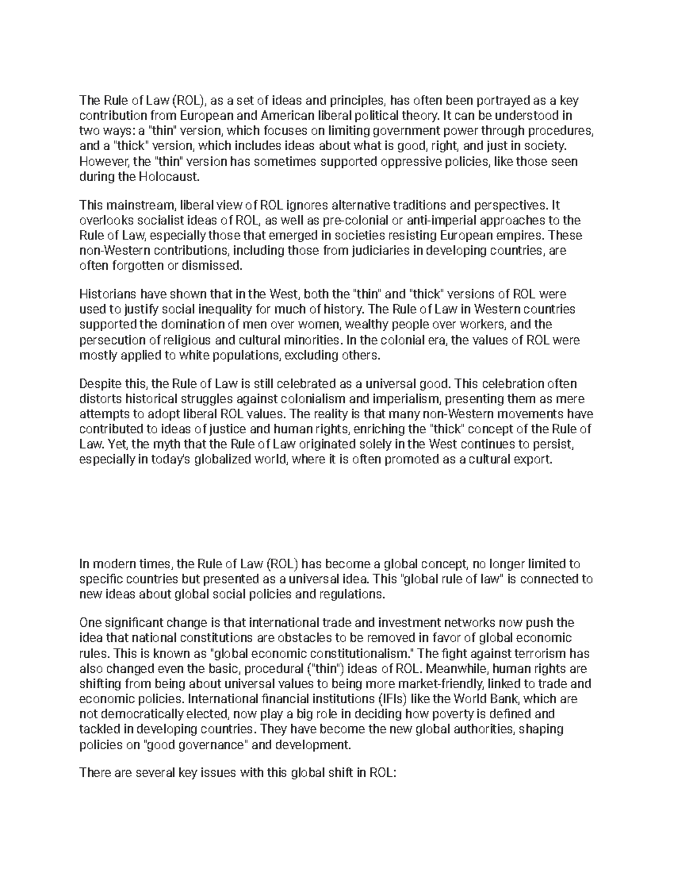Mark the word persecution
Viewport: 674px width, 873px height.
point(108,340)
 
